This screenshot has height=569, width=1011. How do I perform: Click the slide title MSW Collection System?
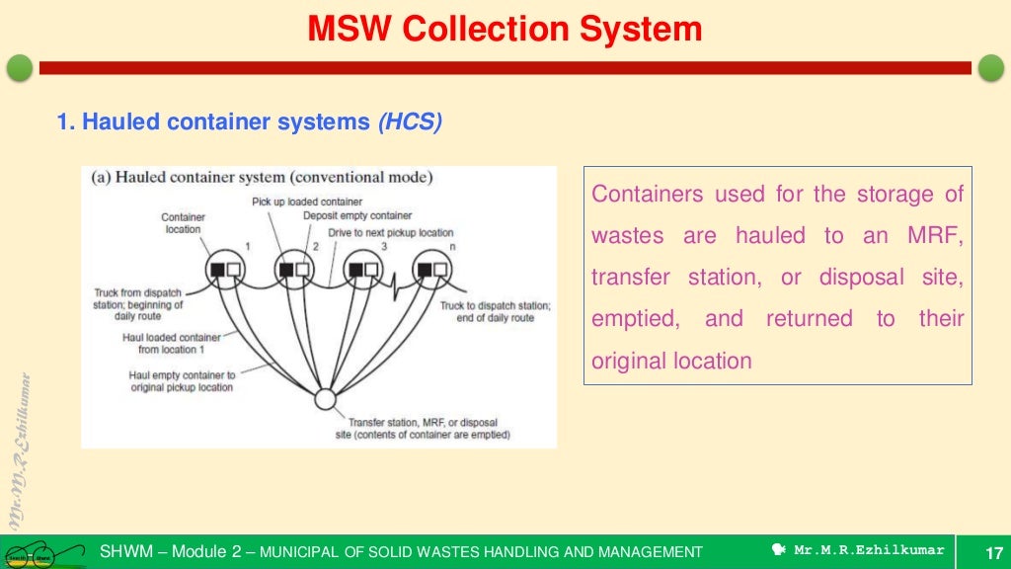[x=505, y=29]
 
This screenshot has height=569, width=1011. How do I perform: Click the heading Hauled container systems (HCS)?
[x=250, y=122]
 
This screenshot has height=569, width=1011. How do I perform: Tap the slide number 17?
[x=994, y=551]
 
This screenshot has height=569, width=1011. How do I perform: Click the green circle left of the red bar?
[x=20, y=68]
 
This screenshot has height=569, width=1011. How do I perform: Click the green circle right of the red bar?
[x=990, y=68]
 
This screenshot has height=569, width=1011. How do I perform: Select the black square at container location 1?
[x=217, y=269]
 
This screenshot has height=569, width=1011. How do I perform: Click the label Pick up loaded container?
[x=293, y=201]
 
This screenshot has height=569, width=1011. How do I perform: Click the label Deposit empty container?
[x=357, y=215]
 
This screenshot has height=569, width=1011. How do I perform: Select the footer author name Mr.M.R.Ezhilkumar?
[x=869, y=550]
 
